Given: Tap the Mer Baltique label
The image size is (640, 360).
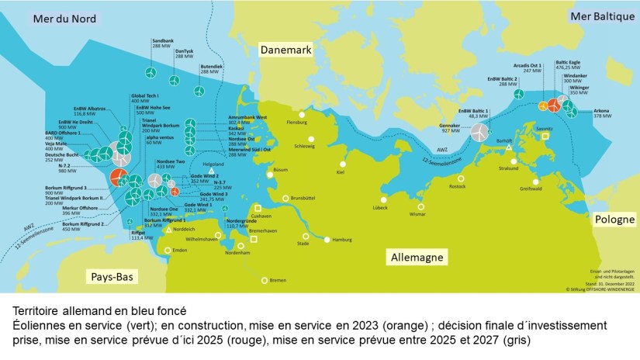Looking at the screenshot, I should (x=601, y=16).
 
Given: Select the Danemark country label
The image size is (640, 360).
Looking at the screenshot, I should (x=285, y=50).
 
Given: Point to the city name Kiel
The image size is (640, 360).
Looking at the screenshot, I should (x=340, y=172).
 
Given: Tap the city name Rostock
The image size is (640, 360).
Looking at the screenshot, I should (x=457, y=187).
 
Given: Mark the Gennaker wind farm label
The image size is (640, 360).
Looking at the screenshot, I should (x=450, y=126).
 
